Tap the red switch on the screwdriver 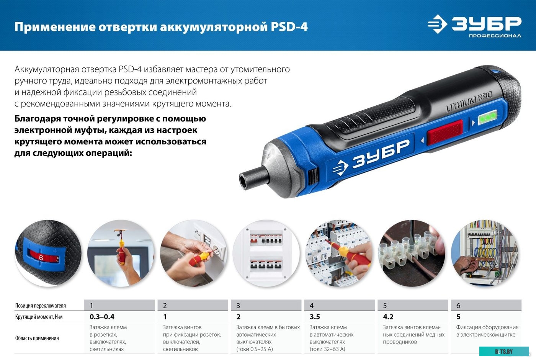click(445, 132)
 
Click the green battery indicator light click(488, 117)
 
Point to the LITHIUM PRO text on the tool click(469, 101)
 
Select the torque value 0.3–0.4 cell click(102, 317)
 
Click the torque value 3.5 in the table click(315, 317)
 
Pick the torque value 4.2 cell click(388, 317)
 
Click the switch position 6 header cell click(486, 306)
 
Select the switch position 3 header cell click(266, 306)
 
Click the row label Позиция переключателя click(41, 306)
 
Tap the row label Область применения click(37, 338)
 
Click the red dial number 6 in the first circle click(41, 258)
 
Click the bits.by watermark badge click(504, 352)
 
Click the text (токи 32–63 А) click(327, 349)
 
